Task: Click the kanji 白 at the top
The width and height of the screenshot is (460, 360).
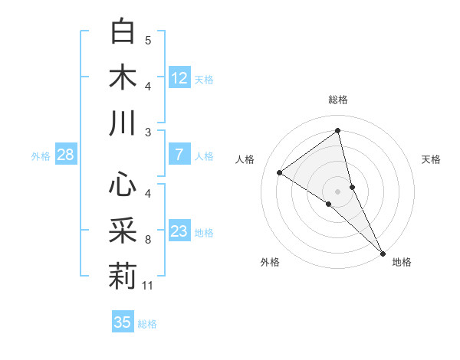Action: [123, 31]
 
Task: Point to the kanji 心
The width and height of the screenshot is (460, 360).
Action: [123, 185]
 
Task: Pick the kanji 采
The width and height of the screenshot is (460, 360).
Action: [123, 231]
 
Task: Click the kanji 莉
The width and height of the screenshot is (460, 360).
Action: [123, 277]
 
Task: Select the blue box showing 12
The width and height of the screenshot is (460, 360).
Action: [179, 77]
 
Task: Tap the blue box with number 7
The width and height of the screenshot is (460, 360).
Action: [179, 155]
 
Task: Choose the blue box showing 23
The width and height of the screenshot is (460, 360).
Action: [179, 231]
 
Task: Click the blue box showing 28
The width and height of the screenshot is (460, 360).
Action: [66, 155]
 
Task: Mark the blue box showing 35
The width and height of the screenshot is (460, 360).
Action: [123, 322]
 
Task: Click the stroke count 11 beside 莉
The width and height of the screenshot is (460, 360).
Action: [148, 286]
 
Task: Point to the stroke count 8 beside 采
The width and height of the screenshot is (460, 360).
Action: [148, 240]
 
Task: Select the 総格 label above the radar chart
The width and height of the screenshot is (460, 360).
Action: [338, 100]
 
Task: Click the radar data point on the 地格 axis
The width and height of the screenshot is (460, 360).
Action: [383, 252]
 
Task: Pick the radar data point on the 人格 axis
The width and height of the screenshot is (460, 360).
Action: [279, 172]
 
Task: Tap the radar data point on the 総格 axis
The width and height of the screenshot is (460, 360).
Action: [337, 130]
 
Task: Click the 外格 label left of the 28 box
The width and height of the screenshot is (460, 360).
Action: [41, 156]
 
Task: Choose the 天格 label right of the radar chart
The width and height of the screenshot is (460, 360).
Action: [432, 159]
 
